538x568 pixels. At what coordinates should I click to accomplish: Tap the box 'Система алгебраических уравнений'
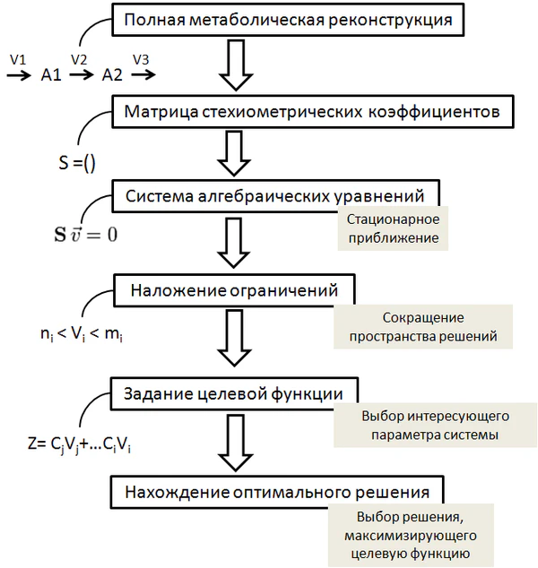(x=281, y=196)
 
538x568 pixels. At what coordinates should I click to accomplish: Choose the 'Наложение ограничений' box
(x=234, y=290)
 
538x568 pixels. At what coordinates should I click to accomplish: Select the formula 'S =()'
(x=76, y=164)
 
